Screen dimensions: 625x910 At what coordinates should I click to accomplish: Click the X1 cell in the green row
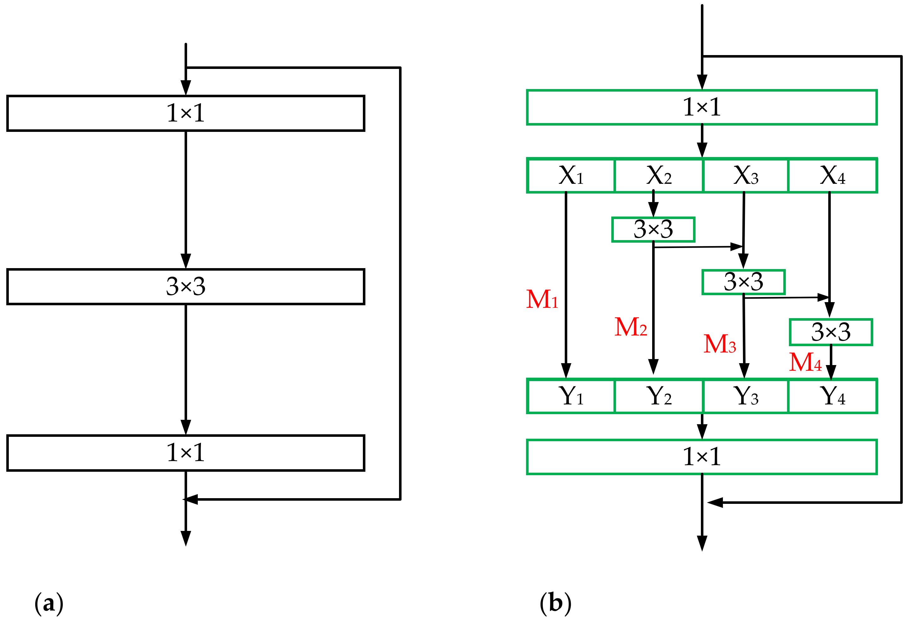pyautogui.click(x=571, y=176)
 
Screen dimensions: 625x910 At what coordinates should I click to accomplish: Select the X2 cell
pyautogui.click(x=659, y=176)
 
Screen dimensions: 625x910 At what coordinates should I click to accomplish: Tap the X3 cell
pyautogui.click(x=746, y=176)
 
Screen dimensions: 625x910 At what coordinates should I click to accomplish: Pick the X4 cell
pyautogui.click(x=832, y=176)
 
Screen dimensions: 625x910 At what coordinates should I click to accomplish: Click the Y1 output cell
pyautogui.click(x=571, y=396)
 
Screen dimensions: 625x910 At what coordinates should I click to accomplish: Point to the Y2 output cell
pyautogui.click(x=659, y=396)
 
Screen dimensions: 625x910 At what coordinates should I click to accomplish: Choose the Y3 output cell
pyautogui.click(x=746, y=396)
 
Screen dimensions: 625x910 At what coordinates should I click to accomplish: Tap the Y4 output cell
pyautogui.click(x=832, y=396)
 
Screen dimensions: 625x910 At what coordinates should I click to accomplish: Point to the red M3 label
pyautogui.click(x=720, y=344)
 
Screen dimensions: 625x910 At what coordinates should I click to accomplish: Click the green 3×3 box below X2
pyautogui.click(x=653, y=230)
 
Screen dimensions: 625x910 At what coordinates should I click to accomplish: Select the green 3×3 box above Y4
pyautogui.click(x=831, y=332)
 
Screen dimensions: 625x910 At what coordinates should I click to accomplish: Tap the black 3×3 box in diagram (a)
pyautogui.click(x=186, y=286)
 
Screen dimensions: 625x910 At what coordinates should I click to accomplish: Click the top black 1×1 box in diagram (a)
pyautogui.click(x=186, y=113)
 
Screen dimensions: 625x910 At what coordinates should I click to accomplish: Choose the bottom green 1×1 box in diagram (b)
pyautogui.click(x=702, y=457)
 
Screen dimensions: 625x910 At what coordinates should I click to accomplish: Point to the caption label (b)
pyautogui.click(x=555, y=604)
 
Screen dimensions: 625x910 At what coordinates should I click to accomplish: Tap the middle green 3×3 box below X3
pyautogui.click(x=743, y=282)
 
